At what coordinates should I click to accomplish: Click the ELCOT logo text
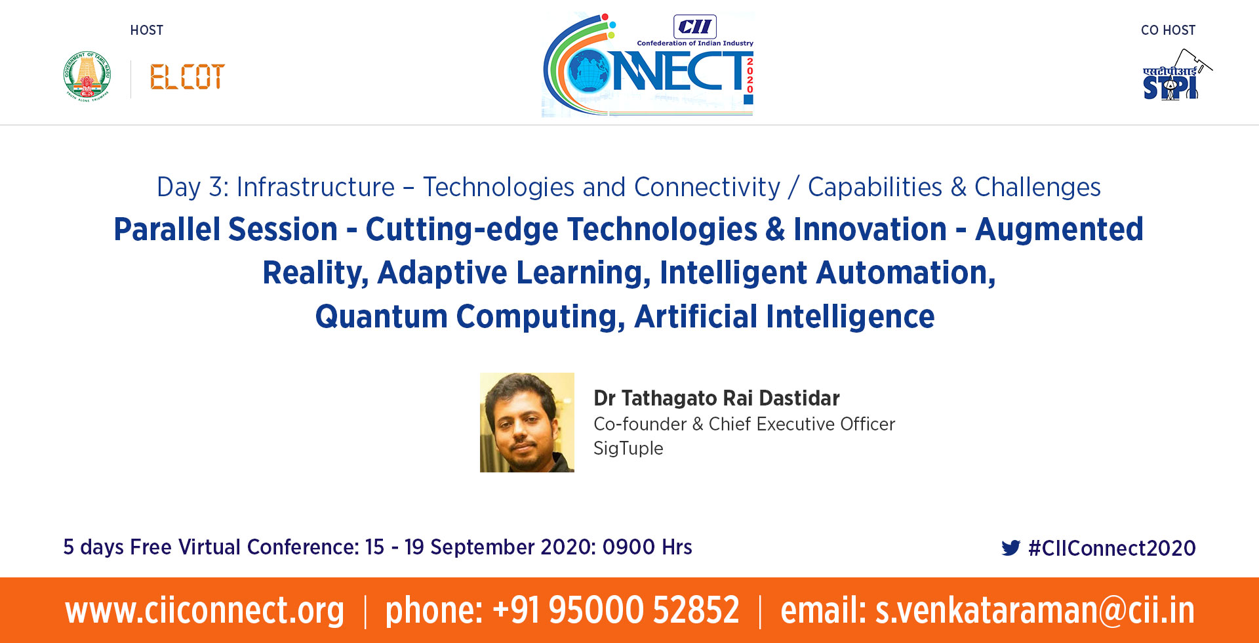click(x=187, y=77)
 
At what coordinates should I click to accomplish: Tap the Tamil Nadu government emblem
click(x=87, y=75)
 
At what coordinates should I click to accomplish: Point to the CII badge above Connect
click(x=695, y=27)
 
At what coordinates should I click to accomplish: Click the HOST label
click(x=147, y=30)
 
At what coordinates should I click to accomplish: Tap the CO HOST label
click(x=1168, y=30)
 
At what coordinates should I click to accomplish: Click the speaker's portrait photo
click(x=527, y=423)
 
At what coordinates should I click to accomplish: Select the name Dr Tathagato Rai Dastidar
click(x=717, y=398)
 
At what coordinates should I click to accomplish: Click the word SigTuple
click(x=628, y=449)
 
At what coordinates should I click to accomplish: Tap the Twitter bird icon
click(x=1011, y=548)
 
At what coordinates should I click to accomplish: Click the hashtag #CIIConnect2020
click(x=1112, y=548)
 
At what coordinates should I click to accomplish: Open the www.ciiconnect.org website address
click(x=205, y=610)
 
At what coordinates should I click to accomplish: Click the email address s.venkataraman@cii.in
click(x=1035, y=610)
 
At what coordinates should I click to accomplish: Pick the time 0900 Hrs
click(x=647, y=547)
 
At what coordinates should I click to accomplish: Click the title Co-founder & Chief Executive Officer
click(x=744, y=424)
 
